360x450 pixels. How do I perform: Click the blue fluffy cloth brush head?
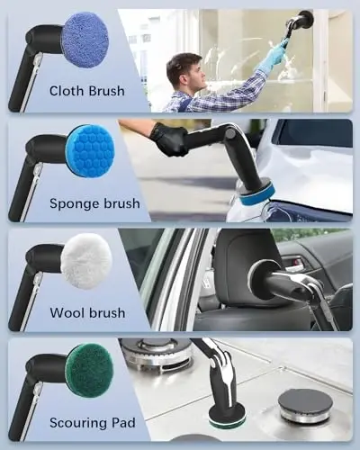[x=85, y=39]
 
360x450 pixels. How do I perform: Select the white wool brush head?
[x=85, y=261]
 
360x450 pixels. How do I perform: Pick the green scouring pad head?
[x=89, y=370]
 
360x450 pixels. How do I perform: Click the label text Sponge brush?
[x=94, y=203]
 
